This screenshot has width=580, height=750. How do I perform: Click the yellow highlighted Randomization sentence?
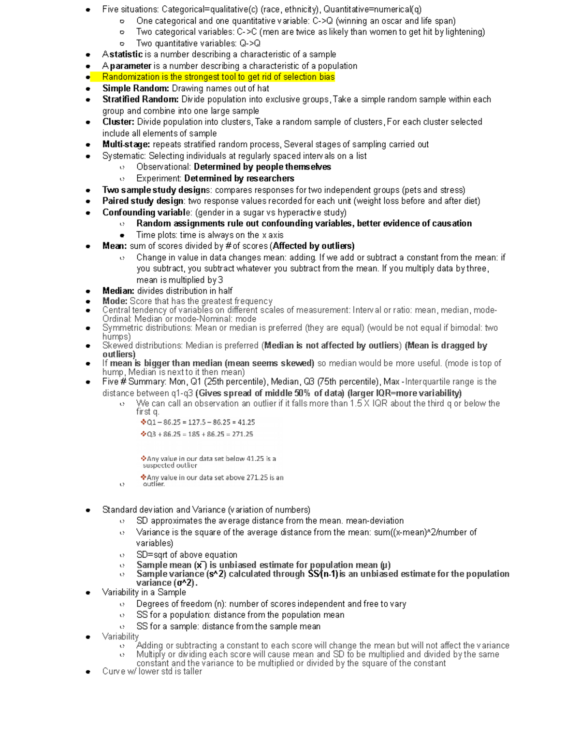pyautogui.click(x=218, y=77)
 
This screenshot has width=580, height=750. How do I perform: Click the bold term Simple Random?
pyautogui.click(x=135, y=88)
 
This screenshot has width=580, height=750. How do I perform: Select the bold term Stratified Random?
pyautogui.click(x=140, y=99)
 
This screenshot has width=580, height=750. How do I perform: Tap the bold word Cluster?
pyautogui.click(x=118, y=122)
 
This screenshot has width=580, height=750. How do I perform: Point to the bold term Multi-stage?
pyautogui.click(x=126, y=144)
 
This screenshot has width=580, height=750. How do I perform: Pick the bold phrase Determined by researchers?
pyautogui.click(x=239, y=178)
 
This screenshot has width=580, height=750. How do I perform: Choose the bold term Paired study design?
pyautogui.click(x=143, y=201)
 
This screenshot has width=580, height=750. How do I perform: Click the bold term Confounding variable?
pyautogui.click(x=146, y=212)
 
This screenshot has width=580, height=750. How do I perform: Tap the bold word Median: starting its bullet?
pyautogui.click(x=118, y=291)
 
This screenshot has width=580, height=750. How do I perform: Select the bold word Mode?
pyautogui.click(x=115, y=301)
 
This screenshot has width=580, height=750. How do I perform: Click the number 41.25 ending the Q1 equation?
pyautogui.click(x=246, y=422)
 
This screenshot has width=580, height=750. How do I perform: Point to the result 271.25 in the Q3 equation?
pyautogui.click(x=242, y=434)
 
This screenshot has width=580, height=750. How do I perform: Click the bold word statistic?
pyautogui.click(x=126, y=55)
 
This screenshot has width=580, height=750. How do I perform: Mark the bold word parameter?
pyautogui.click(x=130, y=66)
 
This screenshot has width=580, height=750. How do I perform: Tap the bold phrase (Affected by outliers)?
pyautogui.click(x=312, y=246)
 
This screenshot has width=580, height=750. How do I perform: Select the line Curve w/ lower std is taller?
pyautogui.click(x=152, y=671)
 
